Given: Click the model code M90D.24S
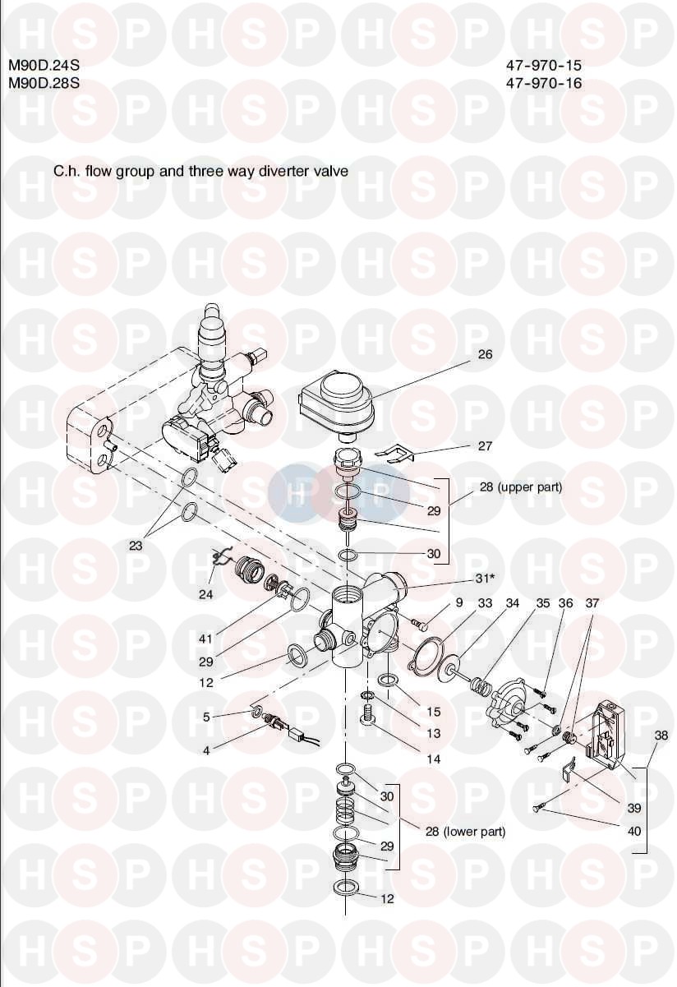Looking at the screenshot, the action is pyautogui.click(x=44, y=66).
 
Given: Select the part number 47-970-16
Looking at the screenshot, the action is pyautogui.click(x=544, y=83).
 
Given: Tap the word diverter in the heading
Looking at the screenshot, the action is pyautogui.click(x=284, y=170).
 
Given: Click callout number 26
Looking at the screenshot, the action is pyautogui.click(x=485, y=354).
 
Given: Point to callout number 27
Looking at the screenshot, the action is pyautogui.click(x=485, y=446).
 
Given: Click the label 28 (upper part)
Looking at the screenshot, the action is pyautogui.click(x=520, y=487).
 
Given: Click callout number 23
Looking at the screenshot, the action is pyautogui.click(x=136, y=546).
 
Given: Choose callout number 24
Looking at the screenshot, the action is pyautogui.click(x=205, y=595).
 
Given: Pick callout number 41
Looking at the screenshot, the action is pyautogui.click(x=205, y=639).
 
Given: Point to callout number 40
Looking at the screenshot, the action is pyautogui.click(x=634, y=832).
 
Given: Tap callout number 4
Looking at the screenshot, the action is pyautogui.click(x=206, y=751).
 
